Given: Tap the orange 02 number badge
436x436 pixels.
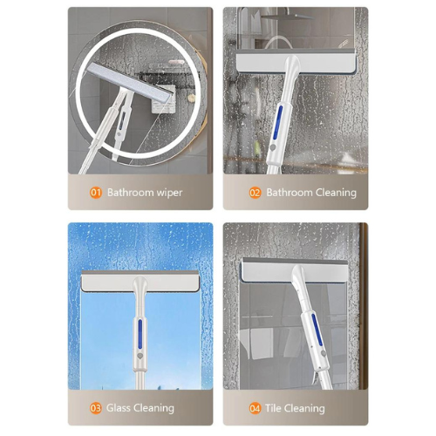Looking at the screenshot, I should [255, 193].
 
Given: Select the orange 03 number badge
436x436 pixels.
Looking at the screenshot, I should [95, 407].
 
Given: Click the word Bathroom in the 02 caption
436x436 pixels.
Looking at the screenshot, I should [289, 193].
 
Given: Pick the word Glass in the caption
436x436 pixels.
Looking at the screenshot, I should [121, 407].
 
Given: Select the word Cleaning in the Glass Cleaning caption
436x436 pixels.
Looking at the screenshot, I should [156, 407].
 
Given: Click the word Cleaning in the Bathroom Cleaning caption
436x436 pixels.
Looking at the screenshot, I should [335, 193].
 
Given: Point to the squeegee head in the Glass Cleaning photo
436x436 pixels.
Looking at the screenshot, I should [140, 283].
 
